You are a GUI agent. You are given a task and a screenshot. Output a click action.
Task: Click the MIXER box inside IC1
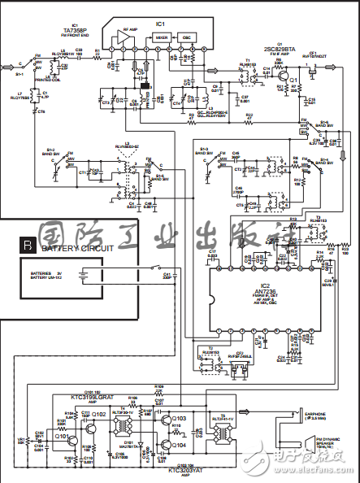(x=161, y=37)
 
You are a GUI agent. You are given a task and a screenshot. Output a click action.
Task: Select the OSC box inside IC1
(x=186, y=37)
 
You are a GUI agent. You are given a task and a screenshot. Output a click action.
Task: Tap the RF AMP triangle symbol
(x=127, y=38)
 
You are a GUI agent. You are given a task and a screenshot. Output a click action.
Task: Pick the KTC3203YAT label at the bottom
(x=185, y=470)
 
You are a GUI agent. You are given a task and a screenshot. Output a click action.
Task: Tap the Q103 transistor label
(x=180, y=419)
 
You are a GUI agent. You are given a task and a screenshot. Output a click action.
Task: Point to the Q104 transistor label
(x=180, y=446)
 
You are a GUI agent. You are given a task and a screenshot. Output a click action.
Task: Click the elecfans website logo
(x=310, y=466)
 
